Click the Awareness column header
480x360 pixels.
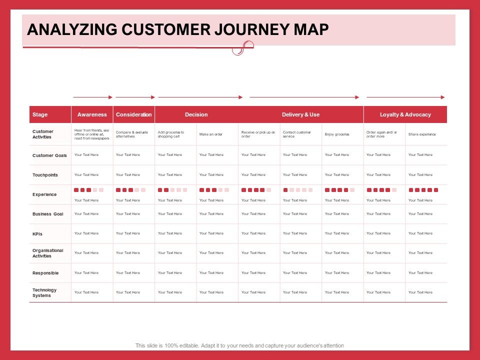coord(92,114)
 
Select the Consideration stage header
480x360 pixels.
coord(133,114)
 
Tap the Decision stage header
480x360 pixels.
coord(196,114)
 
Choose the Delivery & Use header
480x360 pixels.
coord(300,114)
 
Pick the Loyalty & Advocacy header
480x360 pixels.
coord(405,114)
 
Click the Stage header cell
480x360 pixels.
coord(40,114)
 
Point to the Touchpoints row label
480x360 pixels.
coord(45,175)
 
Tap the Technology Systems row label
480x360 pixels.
coord(44,292)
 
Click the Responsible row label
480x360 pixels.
coord(45,273)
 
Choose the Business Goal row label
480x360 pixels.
coord(48,214)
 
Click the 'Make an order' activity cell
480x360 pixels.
coord(211,134)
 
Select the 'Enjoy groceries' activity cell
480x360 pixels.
coord(337,134)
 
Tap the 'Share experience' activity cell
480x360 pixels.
coord(422,134)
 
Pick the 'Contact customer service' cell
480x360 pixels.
coord(297,134)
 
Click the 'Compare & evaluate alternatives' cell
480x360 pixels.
coord(132,134)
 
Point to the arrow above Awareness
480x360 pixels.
coord(92,97)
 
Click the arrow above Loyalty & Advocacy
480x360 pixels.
coord(405,97)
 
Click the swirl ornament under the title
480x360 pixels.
coord(239,48)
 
